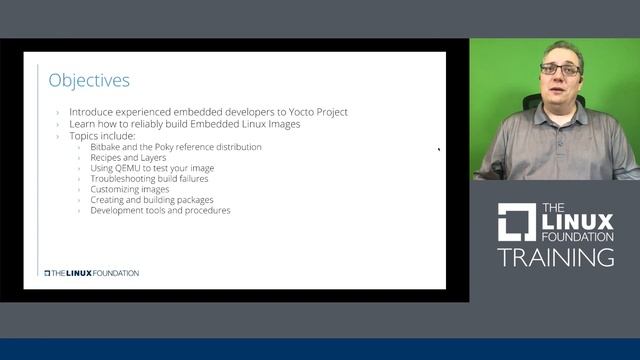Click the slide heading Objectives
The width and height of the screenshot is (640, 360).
(x=89, y=80)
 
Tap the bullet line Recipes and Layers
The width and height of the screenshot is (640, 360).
(x=127, y=158)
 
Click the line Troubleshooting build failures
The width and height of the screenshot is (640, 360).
(x=149, y=179)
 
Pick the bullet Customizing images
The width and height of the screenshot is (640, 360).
(x=129, y=189)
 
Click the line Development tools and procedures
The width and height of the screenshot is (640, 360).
(x=160, y=211)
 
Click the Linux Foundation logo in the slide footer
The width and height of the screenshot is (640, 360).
(x=91, y=273)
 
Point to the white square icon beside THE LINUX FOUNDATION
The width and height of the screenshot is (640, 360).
(x=517, y=222)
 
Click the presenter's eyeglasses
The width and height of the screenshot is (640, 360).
(x=560, y=70)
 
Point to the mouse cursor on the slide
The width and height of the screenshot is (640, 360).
(x=438, y=150)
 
